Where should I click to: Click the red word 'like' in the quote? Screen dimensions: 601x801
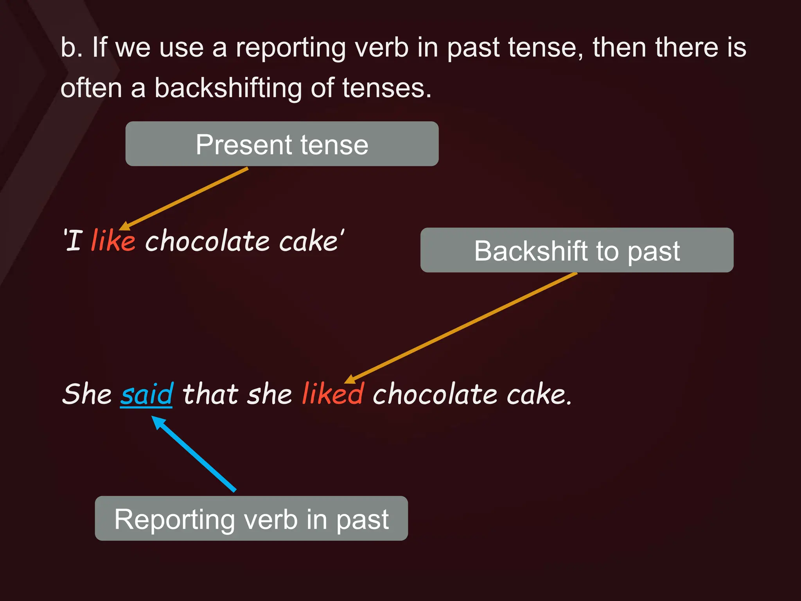[x=113, y=240]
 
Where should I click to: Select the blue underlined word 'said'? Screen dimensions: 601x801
[x=146, y=394]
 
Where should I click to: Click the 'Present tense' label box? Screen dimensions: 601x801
[x=282, y=144]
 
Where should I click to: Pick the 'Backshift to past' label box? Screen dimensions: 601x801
[x=577, y=250]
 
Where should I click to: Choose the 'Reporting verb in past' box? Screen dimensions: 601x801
[x=251, y=519]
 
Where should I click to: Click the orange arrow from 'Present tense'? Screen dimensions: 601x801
[x=184, y=199]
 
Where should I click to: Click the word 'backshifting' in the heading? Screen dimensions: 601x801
[x=228, y=88]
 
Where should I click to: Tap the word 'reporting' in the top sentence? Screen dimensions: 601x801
[x=291, y=48]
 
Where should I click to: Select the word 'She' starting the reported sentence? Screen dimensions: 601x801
[x=87, y=394]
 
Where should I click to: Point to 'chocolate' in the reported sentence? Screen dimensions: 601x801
[x=435, y=394]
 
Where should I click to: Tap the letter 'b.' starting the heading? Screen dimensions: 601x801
[x=71, y=48]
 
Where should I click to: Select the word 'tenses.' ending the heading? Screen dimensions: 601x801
[x=386, y=88]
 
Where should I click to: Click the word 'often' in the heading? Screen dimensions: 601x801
[x=92, y=88]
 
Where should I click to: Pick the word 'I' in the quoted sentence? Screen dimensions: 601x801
[x=74, y=240]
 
